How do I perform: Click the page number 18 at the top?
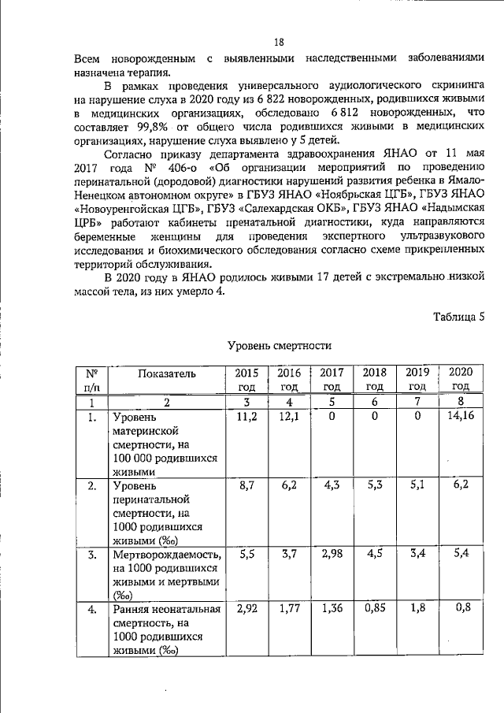coord(279,43)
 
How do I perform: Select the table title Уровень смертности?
coord(279,346)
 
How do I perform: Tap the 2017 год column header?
coord(332,379)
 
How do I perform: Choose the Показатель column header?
coord(167,373)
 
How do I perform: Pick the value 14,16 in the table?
coord(460,416)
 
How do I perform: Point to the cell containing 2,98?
coord(334,554)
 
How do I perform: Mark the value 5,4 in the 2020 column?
coord(460,554)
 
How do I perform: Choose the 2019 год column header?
coord(417,379)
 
